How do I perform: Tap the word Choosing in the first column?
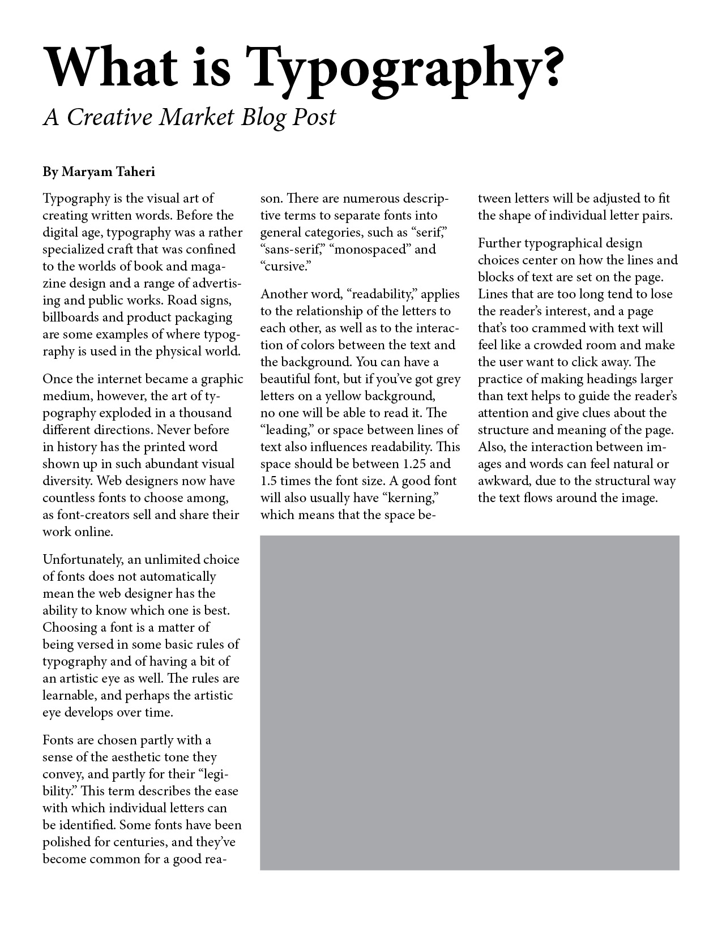69,628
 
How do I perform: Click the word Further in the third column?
499,243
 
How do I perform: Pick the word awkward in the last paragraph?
500,481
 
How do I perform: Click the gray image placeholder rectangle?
469,702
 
